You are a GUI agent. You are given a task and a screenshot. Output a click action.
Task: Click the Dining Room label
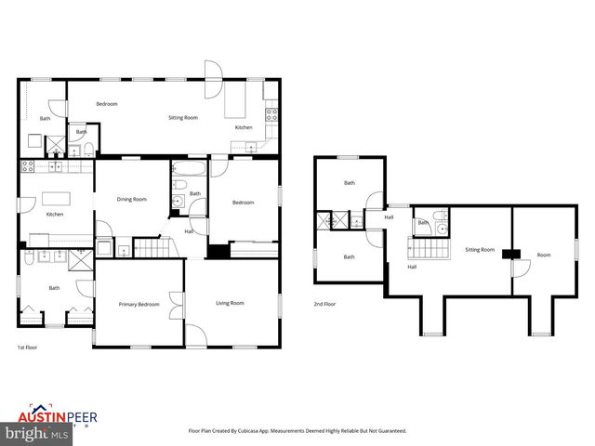pyautogui.click(x=131, y=199)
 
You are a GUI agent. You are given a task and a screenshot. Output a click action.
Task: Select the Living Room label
pyautogui.click(x=230, y=303)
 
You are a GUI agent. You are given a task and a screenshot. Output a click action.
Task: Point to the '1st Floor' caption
pyautogui.click(x=27, y=347)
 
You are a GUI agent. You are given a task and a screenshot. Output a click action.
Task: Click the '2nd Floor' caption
pyautogui.click(x=324, y=304)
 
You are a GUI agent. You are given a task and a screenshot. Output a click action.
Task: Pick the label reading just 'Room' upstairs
pyautogui.click(x=543, y=255)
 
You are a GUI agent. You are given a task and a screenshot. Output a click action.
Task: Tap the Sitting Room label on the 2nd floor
pyautogui.click(x=480, y=250)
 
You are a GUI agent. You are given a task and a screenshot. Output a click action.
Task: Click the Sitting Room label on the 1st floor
pyautogui.click(x=182, y=118)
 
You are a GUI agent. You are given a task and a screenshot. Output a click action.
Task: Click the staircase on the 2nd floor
pyautogui.click(x=430, y=249)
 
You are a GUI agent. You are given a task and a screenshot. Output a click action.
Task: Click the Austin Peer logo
pyautogui.click(x=56, y=416)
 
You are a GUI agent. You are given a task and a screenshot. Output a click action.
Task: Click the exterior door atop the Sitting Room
pyautogui.click(x=214, y=71)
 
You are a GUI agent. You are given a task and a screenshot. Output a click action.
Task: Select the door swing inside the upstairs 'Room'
pyautogui.click(x=521, y=269)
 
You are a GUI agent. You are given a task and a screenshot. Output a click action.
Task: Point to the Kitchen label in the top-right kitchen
pyautogui.click(x=244, y=127)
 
